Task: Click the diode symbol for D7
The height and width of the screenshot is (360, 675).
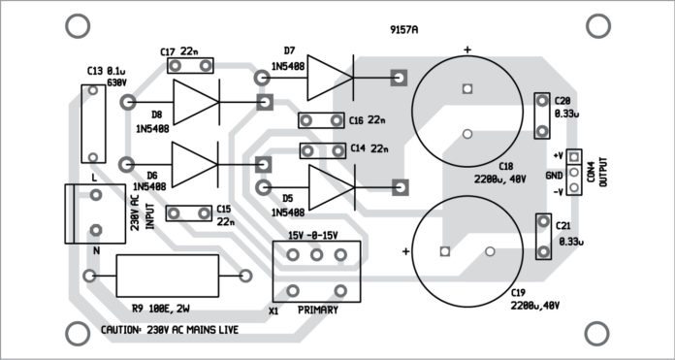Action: pyautogui.click(x=330, y=78)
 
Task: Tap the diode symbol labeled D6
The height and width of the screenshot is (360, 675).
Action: pyautogui.click(x=193, y=163)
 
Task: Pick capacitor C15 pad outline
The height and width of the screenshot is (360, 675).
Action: pyautogui.click(x=189, y=213)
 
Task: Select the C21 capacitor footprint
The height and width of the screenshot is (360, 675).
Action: pyautogui.click(x=543, y=238)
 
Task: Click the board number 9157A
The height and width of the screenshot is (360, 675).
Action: pyautogui.click(x=403, y=30)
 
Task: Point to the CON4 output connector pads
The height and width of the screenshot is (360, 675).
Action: pyautogui.click(x=574, y=172)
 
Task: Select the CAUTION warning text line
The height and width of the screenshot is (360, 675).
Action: pyautogui.click(x=170, y=330)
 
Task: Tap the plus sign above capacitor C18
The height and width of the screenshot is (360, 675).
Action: pyautogui.click(x=467, y=49)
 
